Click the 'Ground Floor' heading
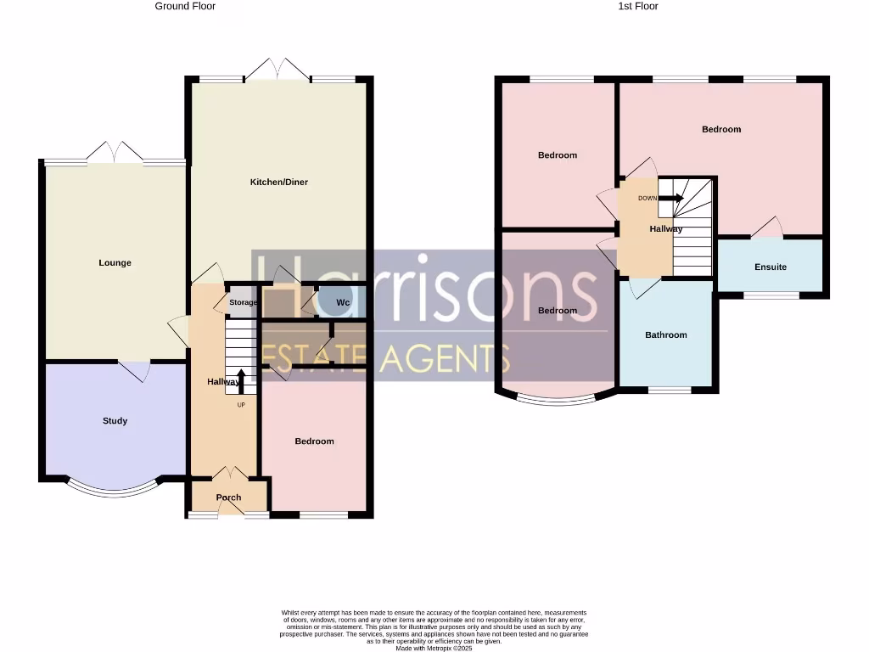coord(185,6)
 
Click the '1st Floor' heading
coord(636,6)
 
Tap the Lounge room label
coord(115,263)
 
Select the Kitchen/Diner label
coord(278,183)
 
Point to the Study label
coord(115,421)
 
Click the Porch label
coord(228,497)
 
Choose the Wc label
coord(343,303)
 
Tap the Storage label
coord(243,303)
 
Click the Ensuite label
coord(770,267)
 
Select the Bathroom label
coord(665,335)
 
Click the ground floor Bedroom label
coord(314,441)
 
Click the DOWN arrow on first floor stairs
coord(671,199)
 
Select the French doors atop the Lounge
coord(115,153)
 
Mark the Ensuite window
coord(771,295)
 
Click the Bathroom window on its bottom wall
coord(670,391)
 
